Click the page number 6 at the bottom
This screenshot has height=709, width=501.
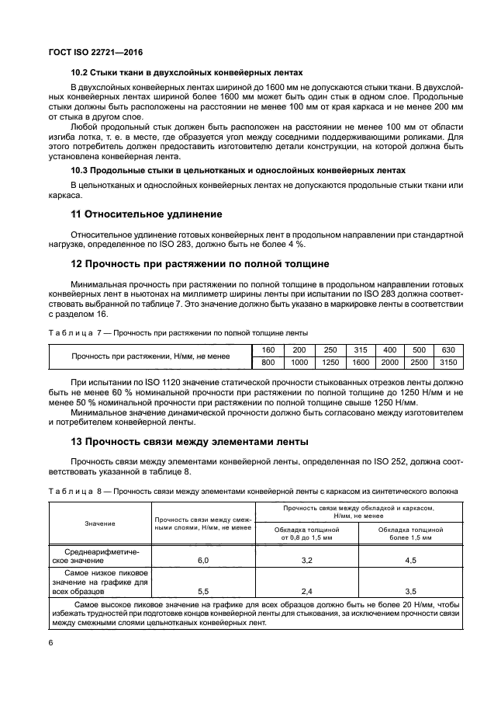pyautogui.click(x=50, y=642)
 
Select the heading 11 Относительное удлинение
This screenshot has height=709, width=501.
pyautogui.click(x=146, y=214)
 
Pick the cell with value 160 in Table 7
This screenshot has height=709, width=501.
pyautogui.click(x=268, y=349)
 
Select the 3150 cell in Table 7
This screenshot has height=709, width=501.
pyautogui.click(x=448, y=363)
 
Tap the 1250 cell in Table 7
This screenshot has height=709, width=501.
pyautogui.click(x=330, y=363)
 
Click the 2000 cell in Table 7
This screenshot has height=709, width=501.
pyautogui.click(x=389, y=363)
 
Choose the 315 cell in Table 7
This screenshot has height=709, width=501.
pyautogui.click(x=360, y=349)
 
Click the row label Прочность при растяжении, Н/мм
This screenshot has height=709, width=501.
pyautogui.click(x=150, y=356)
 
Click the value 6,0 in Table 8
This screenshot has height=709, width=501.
pyautogui.click(x=203, y=559)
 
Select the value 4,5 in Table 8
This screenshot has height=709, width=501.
pyautogui.click(x=410, y=559)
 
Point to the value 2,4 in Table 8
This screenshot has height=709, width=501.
pyautogui.click(x=306, y=591)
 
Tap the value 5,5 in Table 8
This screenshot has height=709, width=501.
pyautogui.click(x=203, y=591)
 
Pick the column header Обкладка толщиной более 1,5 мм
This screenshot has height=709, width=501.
pyautogui.click(x=410, y=533)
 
